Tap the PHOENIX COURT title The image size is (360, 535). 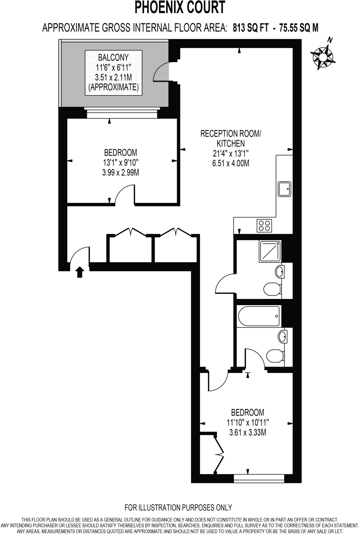click(x=180, y=8)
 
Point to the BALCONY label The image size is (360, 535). click(x=113, y=57)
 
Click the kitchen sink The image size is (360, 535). click(x=284, y=189)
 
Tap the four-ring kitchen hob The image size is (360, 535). click(x=264, y=225)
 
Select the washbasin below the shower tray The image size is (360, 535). click(x=280, y=272)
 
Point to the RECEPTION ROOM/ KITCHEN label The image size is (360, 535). click(x=231, y=138)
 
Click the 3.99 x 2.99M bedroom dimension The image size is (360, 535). click(x=120, y=172)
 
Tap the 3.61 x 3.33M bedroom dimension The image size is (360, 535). click(x=247, y=433)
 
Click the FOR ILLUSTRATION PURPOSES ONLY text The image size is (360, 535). click(x=178, y=508)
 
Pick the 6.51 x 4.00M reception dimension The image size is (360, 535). click(x=231, y=163)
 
